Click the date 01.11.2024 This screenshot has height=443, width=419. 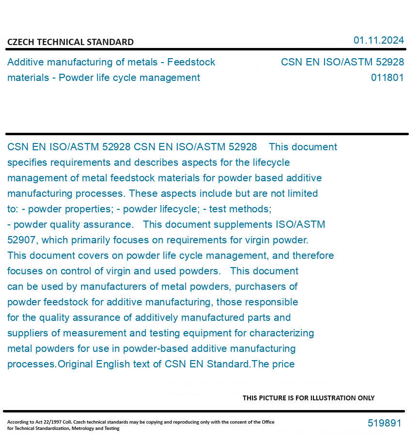click(378, 40)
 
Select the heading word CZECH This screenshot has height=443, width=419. click(20, 42)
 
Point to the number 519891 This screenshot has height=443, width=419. click(384, 423)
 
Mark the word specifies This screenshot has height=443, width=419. click(27, 162)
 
